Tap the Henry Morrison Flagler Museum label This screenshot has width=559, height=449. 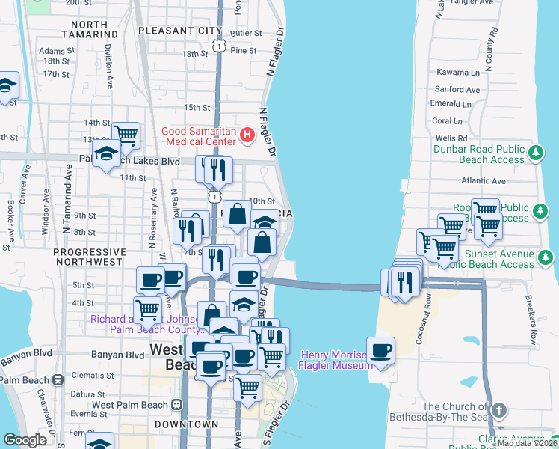coord(336,360)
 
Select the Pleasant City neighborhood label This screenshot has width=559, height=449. coord(176,31)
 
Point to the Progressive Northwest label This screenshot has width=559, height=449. coord(90,257)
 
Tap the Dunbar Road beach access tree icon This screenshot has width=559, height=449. coord(536,153)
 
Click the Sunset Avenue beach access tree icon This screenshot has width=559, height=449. coord(546,258)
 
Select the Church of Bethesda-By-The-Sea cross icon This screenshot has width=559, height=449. coord(498,411)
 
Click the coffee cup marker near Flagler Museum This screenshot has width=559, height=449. coord(381,350)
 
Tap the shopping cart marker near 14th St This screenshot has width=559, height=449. coord(126,135)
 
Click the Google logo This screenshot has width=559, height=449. coord(25,439)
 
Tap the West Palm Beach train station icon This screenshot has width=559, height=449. coord(177,405)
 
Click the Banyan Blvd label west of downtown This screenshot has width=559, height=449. coord(117,355)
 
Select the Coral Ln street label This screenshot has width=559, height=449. coord(448,120)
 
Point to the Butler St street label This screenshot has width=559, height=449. coord(246,34)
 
